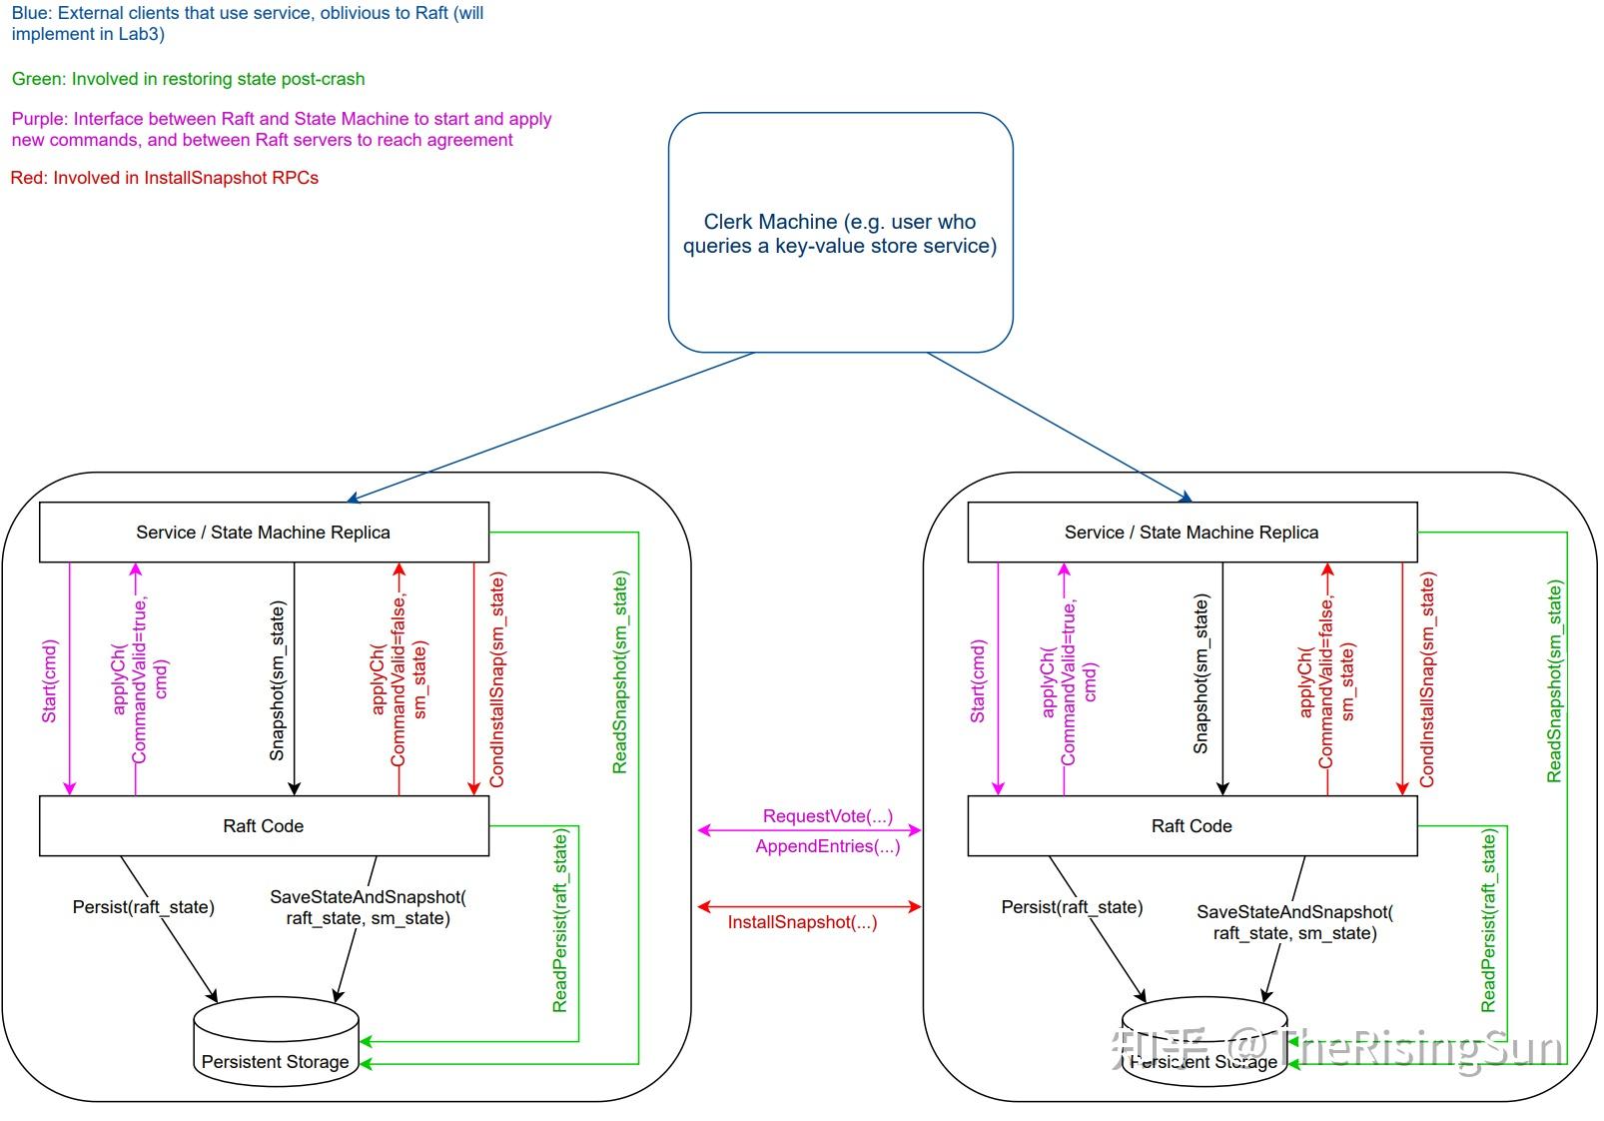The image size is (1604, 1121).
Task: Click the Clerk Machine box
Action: [x=840, y=233]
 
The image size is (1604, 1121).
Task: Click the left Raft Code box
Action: [x=264, y=826]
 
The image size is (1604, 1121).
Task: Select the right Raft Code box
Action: [x=1192, y=826]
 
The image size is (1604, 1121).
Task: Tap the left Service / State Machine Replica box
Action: [x=264, y=533]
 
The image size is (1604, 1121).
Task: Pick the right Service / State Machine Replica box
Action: [x=1192, y=533]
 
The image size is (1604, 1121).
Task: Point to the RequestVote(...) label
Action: [x=828, y=816]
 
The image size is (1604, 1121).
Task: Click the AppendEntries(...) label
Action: [x=828, y=846]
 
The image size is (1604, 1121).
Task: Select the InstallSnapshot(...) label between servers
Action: [x=802, y=922]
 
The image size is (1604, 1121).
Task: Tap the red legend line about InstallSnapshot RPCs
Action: [x=165, y=178]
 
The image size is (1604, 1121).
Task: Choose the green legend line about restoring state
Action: [x=188, y=79]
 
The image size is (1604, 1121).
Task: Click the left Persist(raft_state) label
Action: [x=143, y=907]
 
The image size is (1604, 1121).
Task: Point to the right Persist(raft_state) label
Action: [x=1072, y=907]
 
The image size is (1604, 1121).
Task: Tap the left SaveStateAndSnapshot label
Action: [x=368, y=907]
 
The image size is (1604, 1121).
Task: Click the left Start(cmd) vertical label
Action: [x=50, y=681]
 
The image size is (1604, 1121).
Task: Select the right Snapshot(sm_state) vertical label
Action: [x=1202, y=674]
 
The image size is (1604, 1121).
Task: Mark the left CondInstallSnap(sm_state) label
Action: [x=497, y=679]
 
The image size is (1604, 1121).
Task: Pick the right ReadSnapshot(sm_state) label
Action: [x=1554, y=682]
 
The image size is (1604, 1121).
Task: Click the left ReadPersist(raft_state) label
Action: [x=560, y=920]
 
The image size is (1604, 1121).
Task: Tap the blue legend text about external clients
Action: [x=248, y=24]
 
